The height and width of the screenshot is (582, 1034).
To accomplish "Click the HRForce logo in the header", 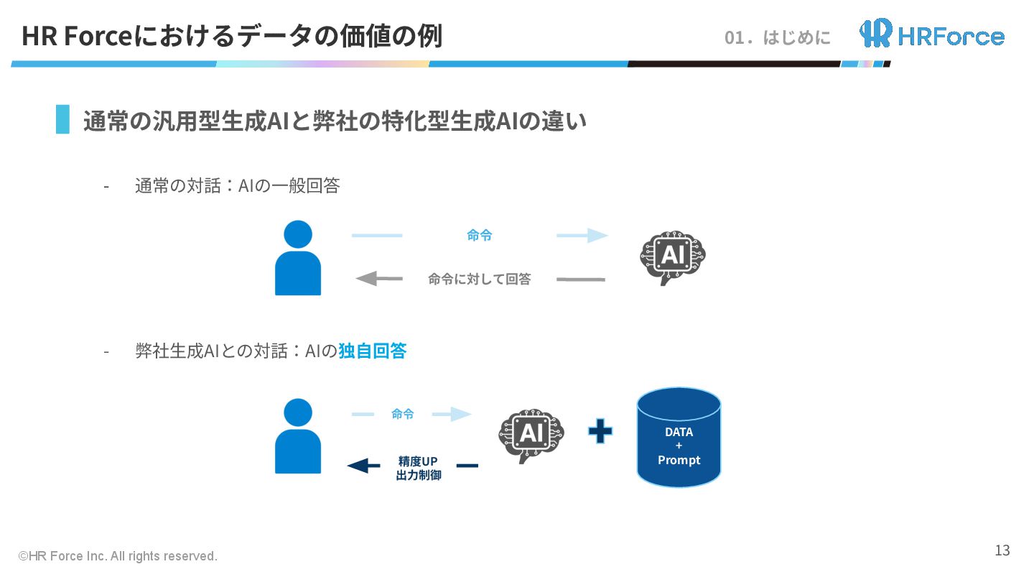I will click(932, 34).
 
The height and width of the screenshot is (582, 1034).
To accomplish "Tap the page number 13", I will click(1002, 550).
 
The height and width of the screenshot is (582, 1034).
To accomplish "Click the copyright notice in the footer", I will click(118, 556).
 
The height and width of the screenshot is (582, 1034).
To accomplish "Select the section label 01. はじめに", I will click(778, 37).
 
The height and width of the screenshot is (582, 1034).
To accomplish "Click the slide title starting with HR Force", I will click(231, 36).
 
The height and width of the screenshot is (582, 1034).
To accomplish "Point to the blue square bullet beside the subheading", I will click(63, 119).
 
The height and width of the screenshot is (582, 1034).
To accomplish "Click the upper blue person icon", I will click(298, 258).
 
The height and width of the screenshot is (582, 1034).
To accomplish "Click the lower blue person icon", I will click(298, 436).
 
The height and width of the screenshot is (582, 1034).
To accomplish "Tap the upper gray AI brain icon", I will click(673, 257).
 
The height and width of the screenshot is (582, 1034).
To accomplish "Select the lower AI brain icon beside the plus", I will click(531, 435).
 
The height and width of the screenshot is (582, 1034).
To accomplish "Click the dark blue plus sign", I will click(600, 431).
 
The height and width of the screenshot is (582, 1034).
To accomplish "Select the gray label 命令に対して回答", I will click(479, 279).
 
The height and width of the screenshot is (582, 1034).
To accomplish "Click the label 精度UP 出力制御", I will click(418, 468).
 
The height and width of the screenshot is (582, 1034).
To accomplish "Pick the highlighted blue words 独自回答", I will click(372, 351).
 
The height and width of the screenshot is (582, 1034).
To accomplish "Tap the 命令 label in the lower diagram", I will click(402, 414).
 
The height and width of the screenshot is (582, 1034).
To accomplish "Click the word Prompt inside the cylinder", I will click(679, 460).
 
